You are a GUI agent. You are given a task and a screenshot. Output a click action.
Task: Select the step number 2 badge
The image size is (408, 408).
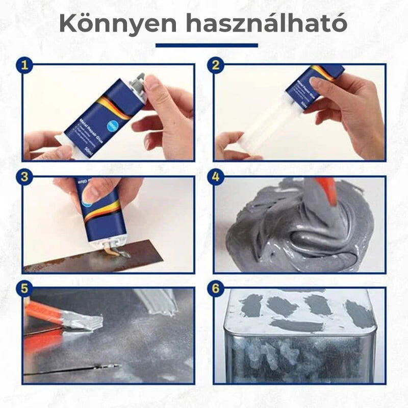coord(216,65)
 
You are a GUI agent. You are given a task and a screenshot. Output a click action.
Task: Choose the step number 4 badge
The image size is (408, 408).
coord(216,177)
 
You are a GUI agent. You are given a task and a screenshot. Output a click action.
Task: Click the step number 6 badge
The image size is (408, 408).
coord(216,289)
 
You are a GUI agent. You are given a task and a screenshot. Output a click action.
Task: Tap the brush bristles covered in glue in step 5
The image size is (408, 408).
coord(87,321)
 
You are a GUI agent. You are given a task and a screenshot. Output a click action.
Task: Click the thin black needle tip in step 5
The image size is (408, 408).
coord(110,366)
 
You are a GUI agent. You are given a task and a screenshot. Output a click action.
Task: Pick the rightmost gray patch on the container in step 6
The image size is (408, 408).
coord(359,313)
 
